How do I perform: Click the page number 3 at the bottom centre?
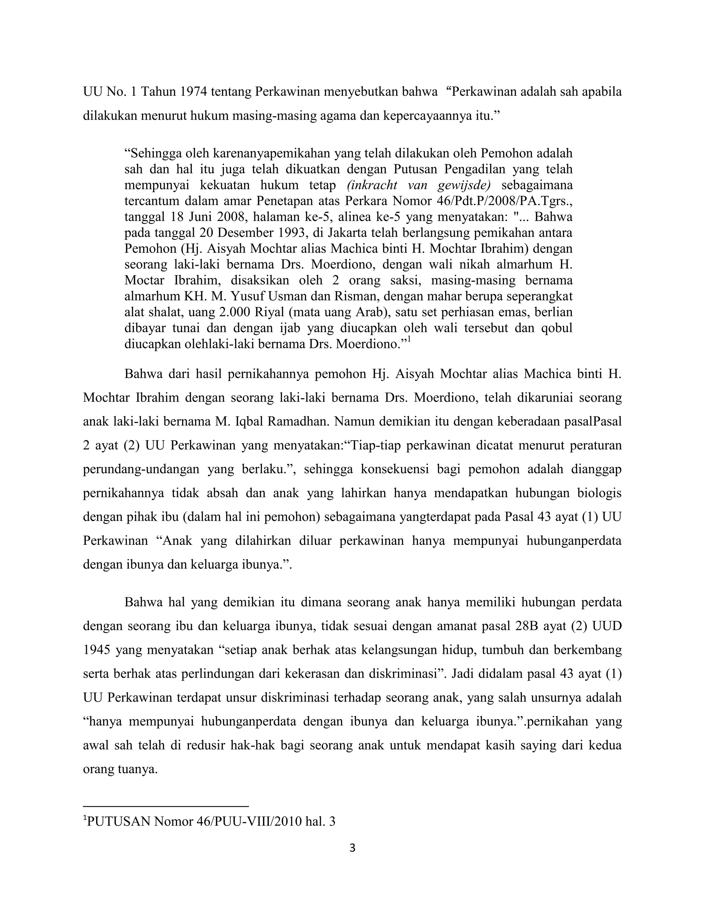[352, 848]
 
